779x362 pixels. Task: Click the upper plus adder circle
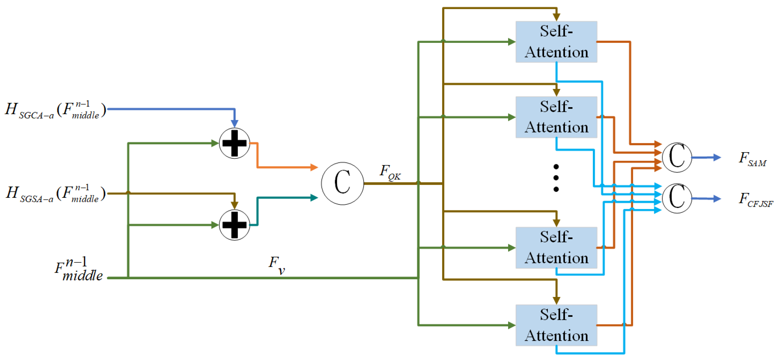click(234, 143)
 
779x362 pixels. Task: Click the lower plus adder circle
click(234, 225)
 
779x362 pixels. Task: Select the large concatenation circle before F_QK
click(342, 183)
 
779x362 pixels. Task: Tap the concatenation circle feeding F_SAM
click(676, 157)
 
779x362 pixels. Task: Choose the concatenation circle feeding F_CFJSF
click(676, 198)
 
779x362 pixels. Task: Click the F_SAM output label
click(752, 159)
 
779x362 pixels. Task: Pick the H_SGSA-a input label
click(55, 193)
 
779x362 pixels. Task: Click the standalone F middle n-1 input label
click(79, 269)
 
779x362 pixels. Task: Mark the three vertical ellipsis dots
click(556, 178)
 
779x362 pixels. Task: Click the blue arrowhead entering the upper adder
click(234, 123)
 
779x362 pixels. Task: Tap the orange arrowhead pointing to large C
click(314, 167)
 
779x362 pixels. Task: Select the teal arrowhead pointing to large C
click(314, 198)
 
